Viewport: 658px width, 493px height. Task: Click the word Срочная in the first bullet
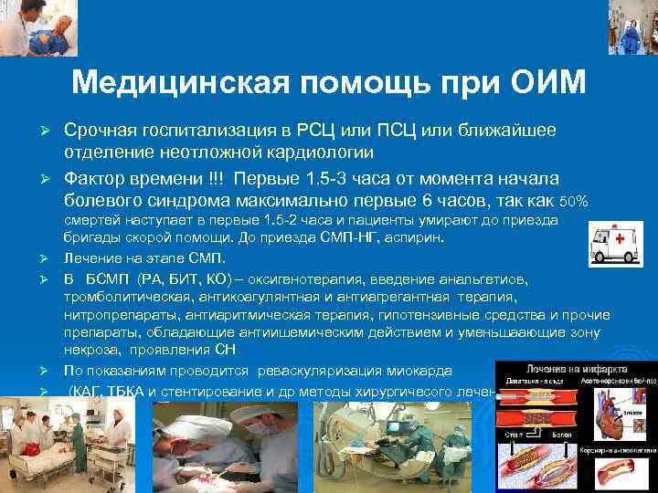[x=102, y=131]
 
